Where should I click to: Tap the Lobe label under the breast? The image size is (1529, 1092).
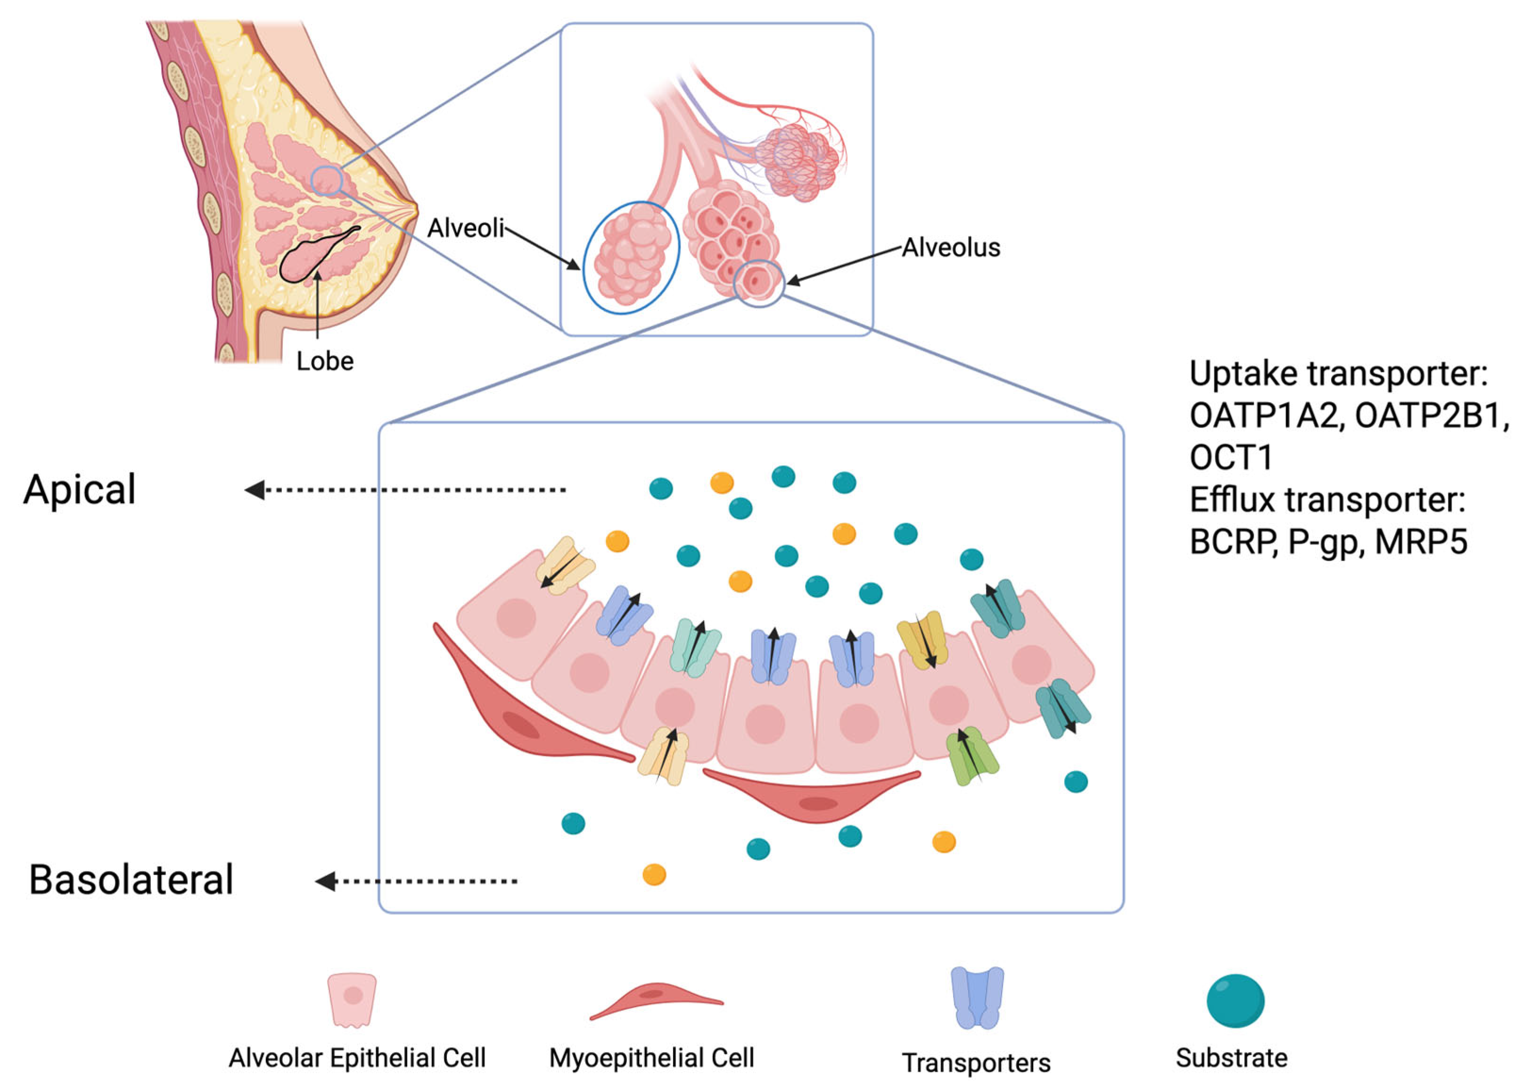[325, 362]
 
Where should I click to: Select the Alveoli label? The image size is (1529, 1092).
[465, 229]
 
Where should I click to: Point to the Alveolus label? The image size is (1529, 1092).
[950, 248]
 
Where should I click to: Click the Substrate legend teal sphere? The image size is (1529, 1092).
[1235, 1001]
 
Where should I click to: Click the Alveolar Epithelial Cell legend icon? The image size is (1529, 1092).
[352, 999]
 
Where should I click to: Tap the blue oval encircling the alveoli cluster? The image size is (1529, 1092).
[585, 269]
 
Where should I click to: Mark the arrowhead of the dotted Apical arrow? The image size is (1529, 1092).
[255, 490]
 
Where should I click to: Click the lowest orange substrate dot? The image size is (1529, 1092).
[654, 874]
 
